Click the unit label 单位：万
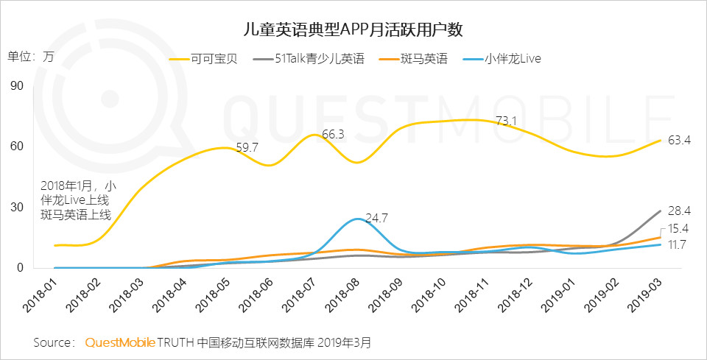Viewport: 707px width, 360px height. (31, 57)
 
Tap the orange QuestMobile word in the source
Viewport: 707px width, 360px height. (120, 342)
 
